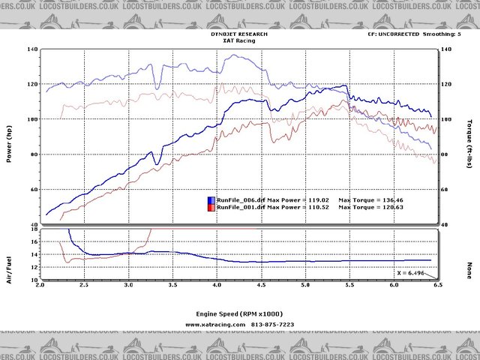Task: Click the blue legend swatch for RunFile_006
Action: click(211, 200)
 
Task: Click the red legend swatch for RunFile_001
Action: click(211, 208)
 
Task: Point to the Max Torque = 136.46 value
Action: click(372, 200)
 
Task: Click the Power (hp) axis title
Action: click(9, 142)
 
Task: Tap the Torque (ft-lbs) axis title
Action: click(469, 139)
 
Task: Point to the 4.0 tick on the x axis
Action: click(217, 286)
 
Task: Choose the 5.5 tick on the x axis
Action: click(348, 286)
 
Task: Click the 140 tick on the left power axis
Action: click(32, 49)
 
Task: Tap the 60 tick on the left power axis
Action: click(34, 190)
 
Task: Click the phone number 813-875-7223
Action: click(272, 325)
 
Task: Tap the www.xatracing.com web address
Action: click(215, 325)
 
